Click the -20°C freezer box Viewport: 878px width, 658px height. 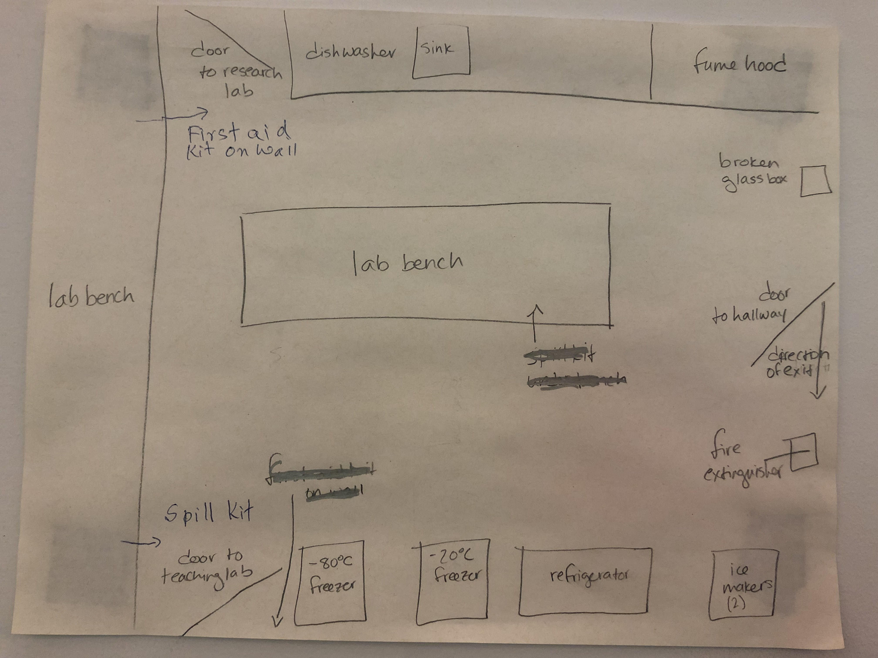coord(453,581)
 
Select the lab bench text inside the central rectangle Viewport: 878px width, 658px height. coord(408,263)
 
